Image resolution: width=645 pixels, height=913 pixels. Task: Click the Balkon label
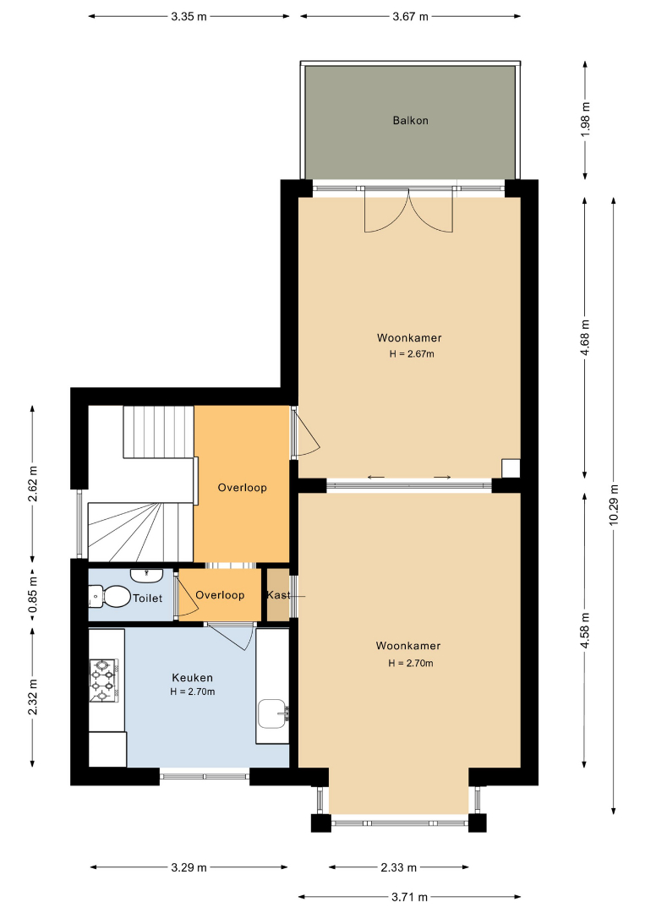[410, 121]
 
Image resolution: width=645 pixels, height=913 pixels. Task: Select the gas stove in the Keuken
[104, 680]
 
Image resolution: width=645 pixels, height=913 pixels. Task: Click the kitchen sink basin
[272, 713]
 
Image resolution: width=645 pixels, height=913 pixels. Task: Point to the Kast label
[278, 595]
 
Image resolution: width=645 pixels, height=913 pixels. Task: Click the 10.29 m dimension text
[614, 504]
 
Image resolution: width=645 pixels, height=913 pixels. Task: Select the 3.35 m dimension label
[189, 16]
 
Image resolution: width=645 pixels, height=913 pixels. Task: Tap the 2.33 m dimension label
[399, 867]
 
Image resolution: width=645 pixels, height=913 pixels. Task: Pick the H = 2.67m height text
[412, 353]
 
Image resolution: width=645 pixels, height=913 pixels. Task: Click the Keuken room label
[192, 678]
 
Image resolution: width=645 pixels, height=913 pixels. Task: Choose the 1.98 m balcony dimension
[586, 121]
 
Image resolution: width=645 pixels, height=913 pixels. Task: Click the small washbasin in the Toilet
[146, 576]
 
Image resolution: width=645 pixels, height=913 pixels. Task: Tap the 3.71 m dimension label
[410, 897]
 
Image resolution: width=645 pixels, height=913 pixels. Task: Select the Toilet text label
[147, 598]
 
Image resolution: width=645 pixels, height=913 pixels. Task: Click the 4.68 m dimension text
[586, 337]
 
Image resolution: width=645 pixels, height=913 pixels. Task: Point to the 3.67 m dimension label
[410, 16]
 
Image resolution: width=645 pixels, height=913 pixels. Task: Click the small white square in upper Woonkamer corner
[511, 468]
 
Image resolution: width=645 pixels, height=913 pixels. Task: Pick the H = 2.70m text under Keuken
[193, 692]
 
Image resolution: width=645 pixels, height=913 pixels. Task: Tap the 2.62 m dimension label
[33, 484]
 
